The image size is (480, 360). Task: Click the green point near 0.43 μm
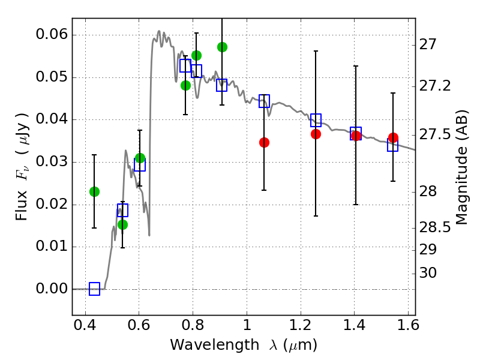pyautogui.click(x=94, y=191)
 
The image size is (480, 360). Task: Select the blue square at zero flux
pyautogui.click(x=94, y=289)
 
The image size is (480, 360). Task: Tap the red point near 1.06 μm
pyautogui.click(x=264, y=142)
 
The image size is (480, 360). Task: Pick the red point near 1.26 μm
pyautogui.click(x=316, y=134)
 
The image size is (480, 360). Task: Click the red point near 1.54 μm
pyautogui.click(x=393, y=138)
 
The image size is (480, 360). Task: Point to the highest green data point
pyautogui.click(x=222, y=47)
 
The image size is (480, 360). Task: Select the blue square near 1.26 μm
pyautogui.click(x=316, y=120)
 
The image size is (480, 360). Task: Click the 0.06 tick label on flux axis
pyautogui.click(x=51, y=35)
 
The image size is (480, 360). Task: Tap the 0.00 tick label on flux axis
pyautogui.click(x=51, y=289)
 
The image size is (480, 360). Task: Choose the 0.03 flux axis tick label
pyautogui.click(x=51, y=162)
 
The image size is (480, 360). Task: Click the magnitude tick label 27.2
pyautogui.click(x=437, y=86)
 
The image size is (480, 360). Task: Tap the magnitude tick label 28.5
pyautogui.click(x=437, y=228)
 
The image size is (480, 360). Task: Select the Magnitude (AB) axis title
pyautogui.click(x=462, y=167)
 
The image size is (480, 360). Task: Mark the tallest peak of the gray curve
pyautogui.click(x=159, y=31)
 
